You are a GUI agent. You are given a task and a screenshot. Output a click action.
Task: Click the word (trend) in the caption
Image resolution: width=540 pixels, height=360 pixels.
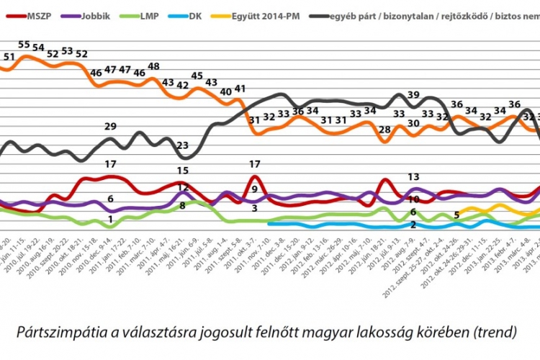pos(492,333)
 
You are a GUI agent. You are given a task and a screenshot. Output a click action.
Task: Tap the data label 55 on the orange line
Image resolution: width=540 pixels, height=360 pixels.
pos(24,45)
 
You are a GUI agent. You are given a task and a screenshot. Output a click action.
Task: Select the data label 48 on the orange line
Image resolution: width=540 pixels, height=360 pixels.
pos(153,67)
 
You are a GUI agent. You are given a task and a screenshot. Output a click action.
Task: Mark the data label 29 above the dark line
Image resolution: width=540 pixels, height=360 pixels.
pos(110,127)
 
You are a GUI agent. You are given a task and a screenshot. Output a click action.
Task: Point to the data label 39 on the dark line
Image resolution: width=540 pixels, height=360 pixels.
pos(413,95)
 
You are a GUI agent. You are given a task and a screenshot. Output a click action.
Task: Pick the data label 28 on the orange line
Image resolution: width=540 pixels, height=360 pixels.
pos(385,130)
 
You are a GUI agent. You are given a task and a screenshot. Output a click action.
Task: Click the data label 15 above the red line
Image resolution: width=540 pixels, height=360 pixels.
pos(183,171)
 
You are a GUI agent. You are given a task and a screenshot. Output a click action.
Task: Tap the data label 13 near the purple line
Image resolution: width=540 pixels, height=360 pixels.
pos(413,176)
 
